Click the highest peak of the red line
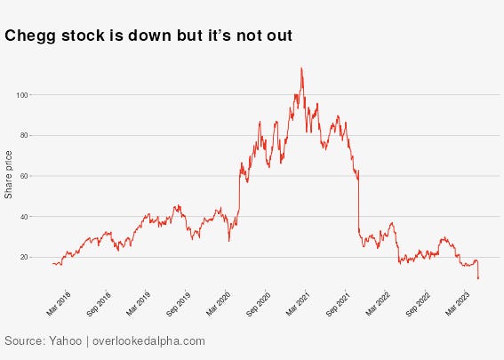tap(301, 68)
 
